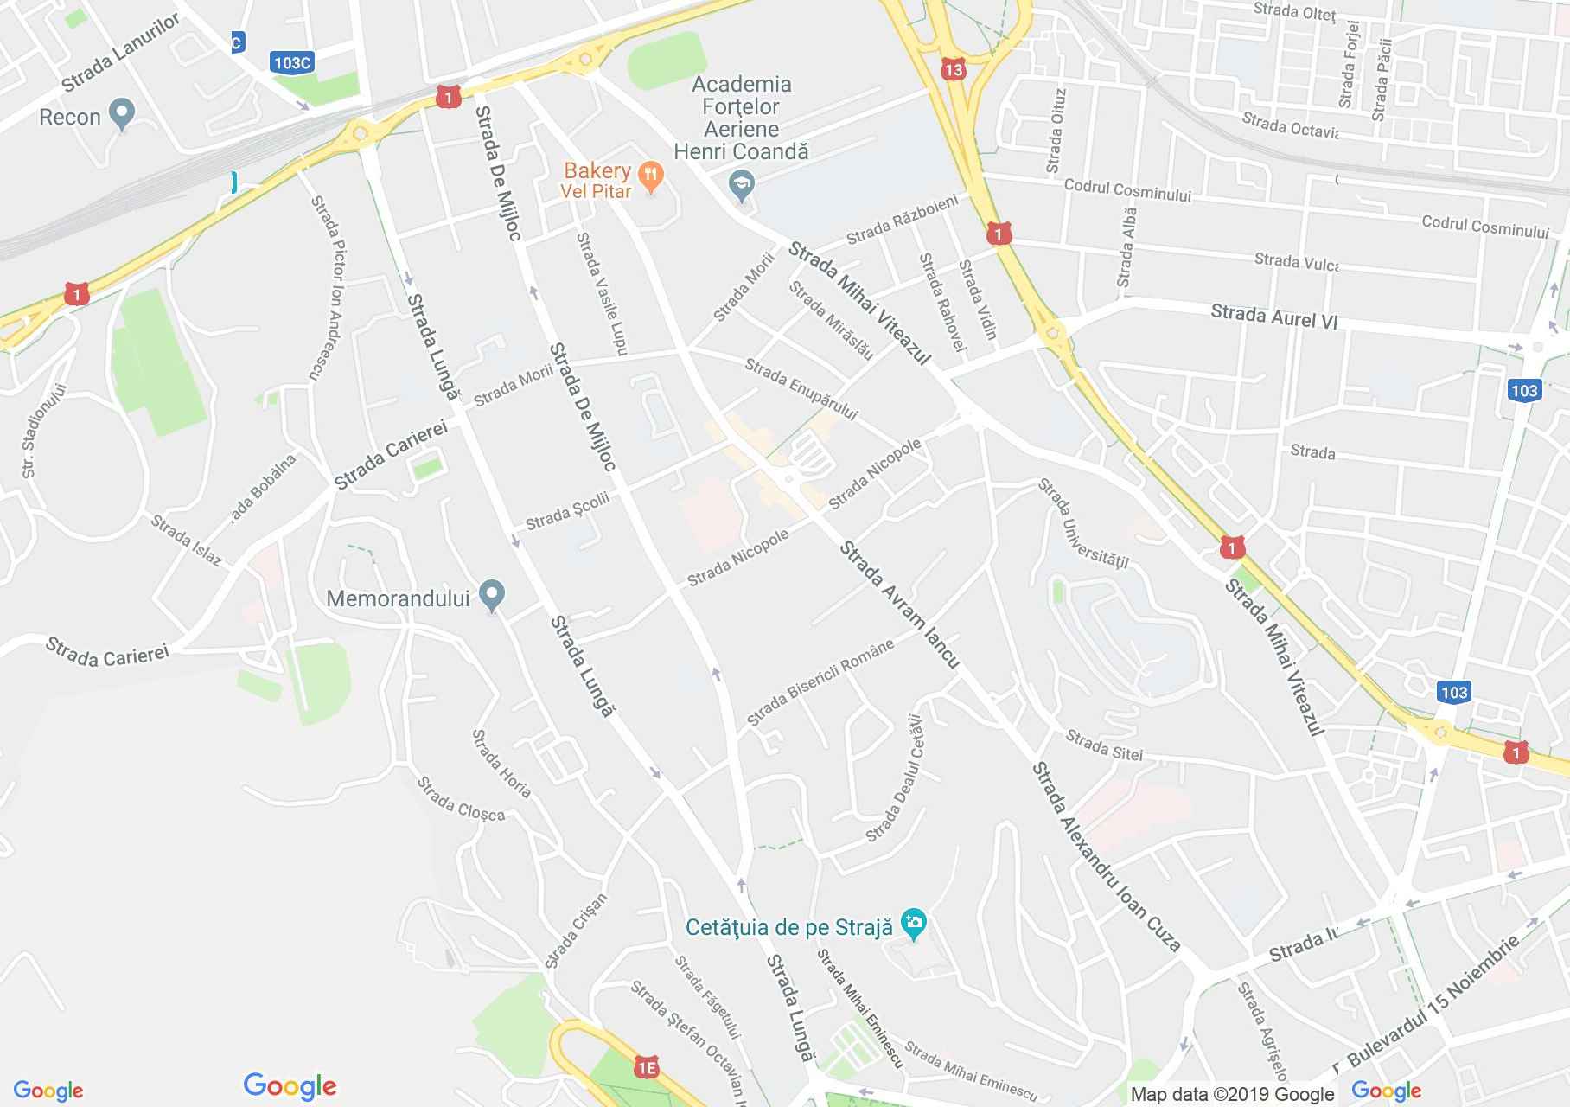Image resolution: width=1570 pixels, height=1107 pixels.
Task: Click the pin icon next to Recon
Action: pyautogui.click(x=123, y=113)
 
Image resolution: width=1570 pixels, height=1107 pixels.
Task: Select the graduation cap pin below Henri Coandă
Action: pyautogui.click(x=742, y=185)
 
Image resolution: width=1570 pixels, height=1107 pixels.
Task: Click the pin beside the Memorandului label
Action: pyautogui.click(x=492, y=596)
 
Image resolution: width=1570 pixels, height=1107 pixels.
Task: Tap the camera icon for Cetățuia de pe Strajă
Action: pyautogui.click(x=913, y=924)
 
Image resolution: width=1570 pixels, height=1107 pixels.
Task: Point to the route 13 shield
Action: pyautogui.click(x=954, y=70)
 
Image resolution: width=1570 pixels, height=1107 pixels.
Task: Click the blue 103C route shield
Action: pyautogui.click(x=290, y=62)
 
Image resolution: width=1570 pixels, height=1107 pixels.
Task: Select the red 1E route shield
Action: pyautogui.click(x=646, y=1067)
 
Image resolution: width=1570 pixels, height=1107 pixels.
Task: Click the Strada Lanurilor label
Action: pyautogui.click(x=120, y=52)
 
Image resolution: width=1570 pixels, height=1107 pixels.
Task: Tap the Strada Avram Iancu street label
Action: pyautogui.click(x=900, y=605)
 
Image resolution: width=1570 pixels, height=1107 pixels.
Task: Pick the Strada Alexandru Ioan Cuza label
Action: pyautogui.click(x=1107, y=857)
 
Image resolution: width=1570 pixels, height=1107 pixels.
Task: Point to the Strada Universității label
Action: pyautogui.click(x=1084, y=524)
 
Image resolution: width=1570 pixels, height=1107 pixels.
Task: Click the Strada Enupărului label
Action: pyautogui.click(x=801, y=390)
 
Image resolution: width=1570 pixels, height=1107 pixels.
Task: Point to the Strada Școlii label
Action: pyautogui.click(x=567, y=510)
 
